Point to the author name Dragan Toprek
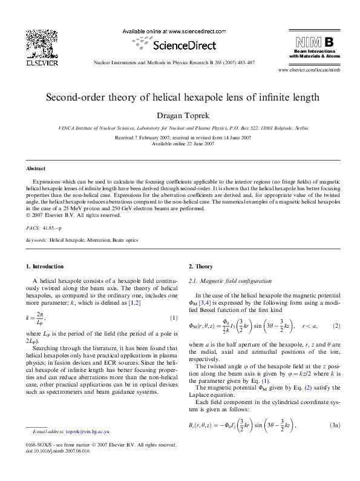[180, 114]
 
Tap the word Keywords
[36, 240]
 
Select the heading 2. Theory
[200, 267]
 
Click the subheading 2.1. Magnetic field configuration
[231, 281]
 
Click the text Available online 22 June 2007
[180, 144]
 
